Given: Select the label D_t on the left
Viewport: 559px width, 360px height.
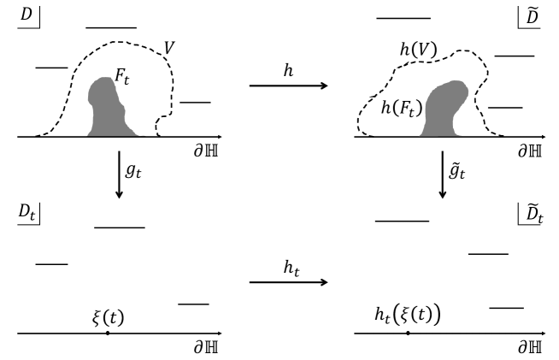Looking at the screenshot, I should click(26, 209).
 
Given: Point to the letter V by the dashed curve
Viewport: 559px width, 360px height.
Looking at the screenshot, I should click(169, 48).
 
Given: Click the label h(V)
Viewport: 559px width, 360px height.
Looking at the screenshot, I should click(417, 50).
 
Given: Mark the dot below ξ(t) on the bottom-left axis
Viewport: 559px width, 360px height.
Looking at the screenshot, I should click(107, 332).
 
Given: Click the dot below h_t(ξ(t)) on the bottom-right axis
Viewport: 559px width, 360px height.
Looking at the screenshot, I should click(408, 332).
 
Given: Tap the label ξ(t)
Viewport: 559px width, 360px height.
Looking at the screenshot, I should click(108, 314).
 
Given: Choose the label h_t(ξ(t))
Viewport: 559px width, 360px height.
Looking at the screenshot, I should click(408, 314).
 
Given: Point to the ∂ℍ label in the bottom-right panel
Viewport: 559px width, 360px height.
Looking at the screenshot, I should click(533, 346).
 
